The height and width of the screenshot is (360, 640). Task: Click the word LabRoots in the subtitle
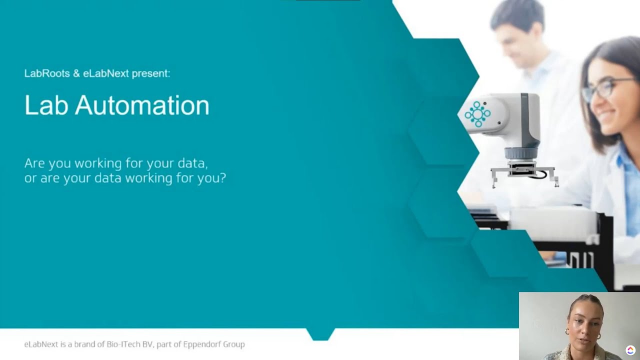47,73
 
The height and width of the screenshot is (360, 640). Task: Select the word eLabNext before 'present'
105,73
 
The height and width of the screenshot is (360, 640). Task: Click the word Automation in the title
142,105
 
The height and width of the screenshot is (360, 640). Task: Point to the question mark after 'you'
223,177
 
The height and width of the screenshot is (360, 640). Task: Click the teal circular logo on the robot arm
477,114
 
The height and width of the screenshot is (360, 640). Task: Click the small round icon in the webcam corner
630,350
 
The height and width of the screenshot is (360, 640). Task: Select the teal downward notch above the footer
320,334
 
